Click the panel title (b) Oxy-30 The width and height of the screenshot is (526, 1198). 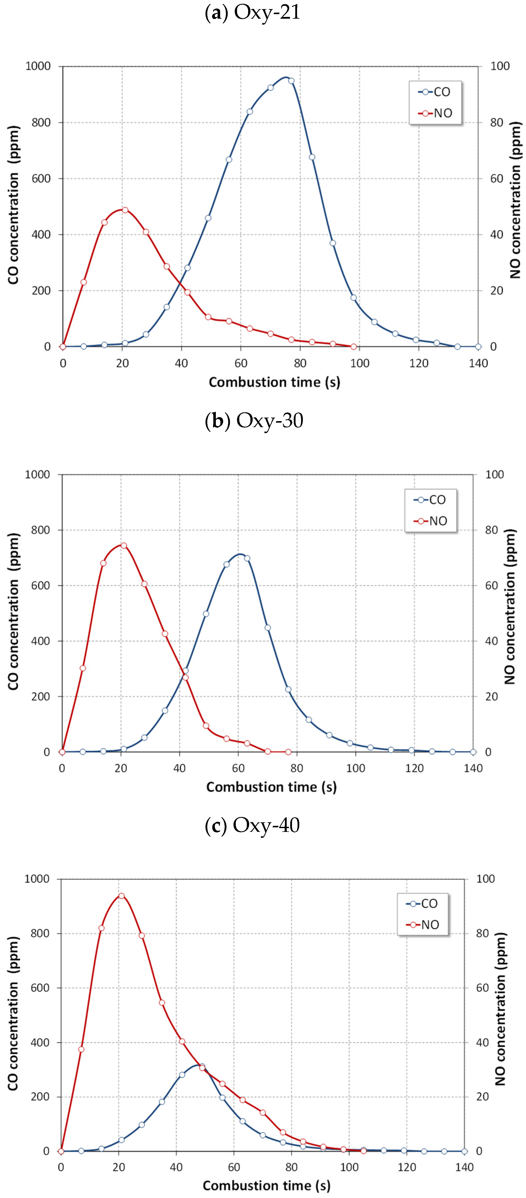254,420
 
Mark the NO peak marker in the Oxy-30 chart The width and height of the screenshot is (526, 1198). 124,546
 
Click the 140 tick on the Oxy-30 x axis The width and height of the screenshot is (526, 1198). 473,768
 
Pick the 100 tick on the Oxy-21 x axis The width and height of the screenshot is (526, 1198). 359,364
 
